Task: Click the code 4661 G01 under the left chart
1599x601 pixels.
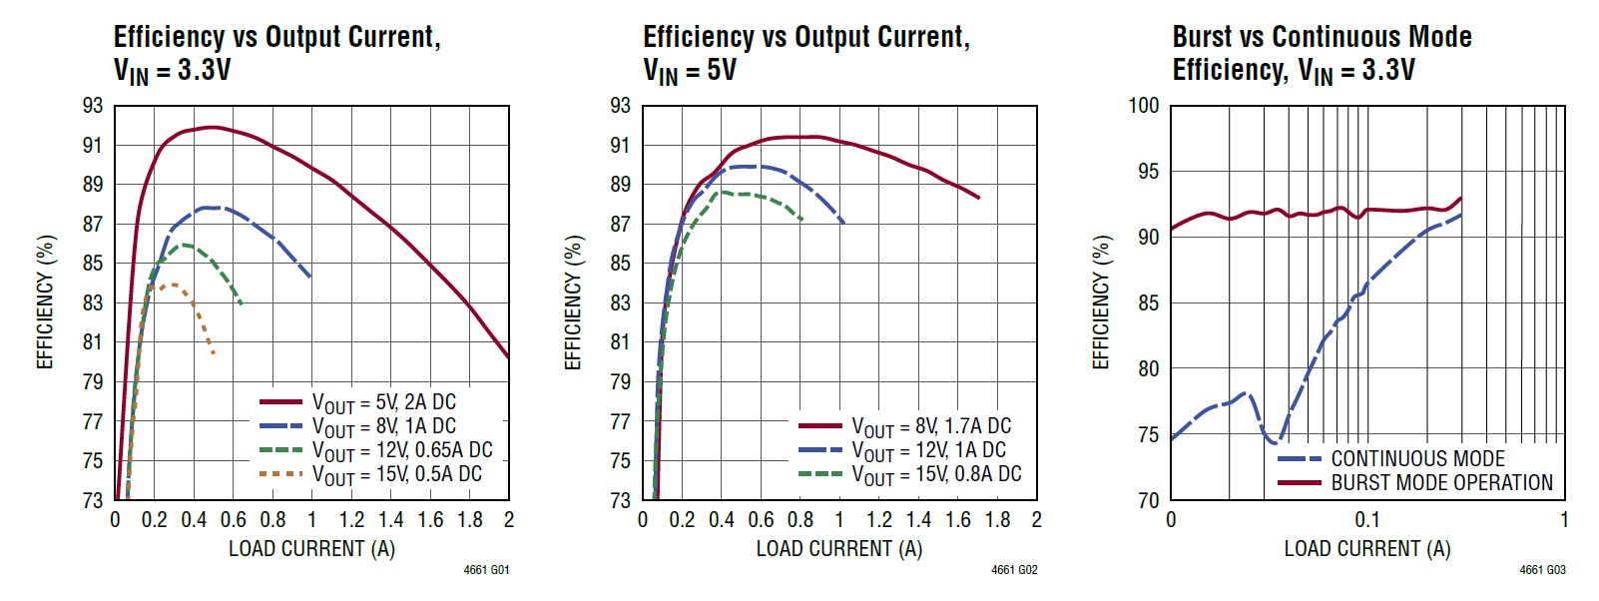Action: point(486,570)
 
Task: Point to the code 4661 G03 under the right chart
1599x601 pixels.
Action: point(1542,570)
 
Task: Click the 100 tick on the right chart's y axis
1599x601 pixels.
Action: point(1143,106)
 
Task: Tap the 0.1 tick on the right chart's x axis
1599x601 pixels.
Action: point(1367,520)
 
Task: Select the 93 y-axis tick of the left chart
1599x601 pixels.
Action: point(92,106)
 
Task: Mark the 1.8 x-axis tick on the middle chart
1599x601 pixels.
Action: point(997,520)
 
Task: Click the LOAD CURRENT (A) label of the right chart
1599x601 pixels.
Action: point(1366,549)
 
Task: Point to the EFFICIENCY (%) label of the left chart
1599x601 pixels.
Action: point(45,302)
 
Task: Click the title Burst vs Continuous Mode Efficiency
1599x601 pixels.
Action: point(1322,53)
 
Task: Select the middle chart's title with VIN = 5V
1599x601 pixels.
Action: point(805,53)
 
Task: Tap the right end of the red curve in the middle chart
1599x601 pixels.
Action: point(979,198)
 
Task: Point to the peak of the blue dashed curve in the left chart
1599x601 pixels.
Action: point(212,208)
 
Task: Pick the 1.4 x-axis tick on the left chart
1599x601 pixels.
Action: point(391,520)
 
